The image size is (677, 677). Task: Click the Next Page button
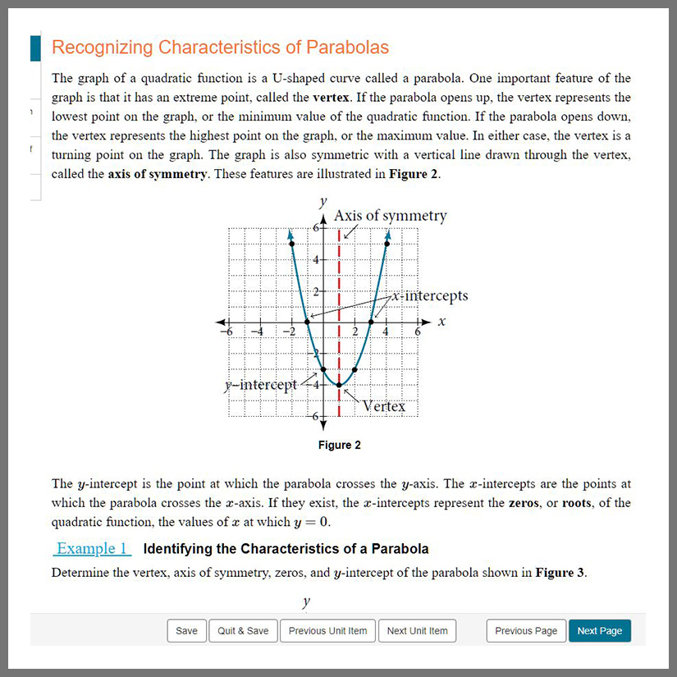coord(599,631)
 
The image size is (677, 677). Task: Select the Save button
coord(186,631)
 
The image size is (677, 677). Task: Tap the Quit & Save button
coord(243,631)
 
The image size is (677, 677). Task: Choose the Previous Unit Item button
coord(327,631)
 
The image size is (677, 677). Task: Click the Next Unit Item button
coord(417,631)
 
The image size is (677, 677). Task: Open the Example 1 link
coord(92,548)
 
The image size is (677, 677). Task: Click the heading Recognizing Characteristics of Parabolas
coord(220,47)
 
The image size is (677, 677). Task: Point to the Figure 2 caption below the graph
coord(340,446)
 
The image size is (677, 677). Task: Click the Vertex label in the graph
coord(384,405)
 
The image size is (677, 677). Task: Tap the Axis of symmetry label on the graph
coord(391,216)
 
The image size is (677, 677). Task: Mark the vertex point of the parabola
coord(339,385)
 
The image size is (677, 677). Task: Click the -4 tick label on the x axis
coord(257,332)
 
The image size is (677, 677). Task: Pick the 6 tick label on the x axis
coord(418,332)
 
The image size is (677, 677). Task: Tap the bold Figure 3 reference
coord(560,573)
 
